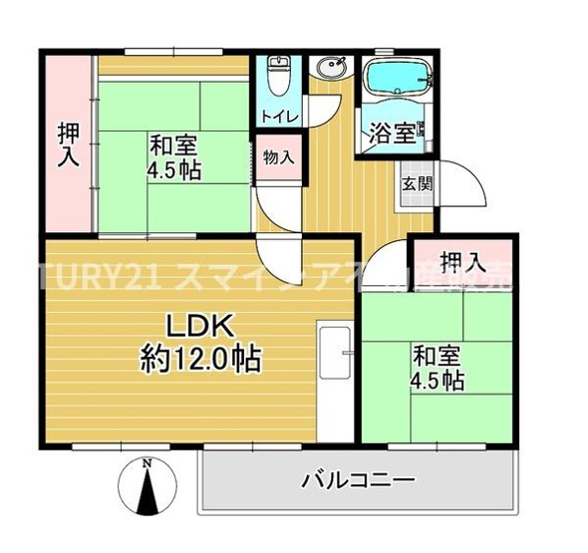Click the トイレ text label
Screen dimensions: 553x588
[278, 117]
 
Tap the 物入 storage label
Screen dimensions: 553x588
[278, 156]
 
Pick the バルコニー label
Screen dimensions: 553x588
[358, 481]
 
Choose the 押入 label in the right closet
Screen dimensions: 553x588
[463, 263]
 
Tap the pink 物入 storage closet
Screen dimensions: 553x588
[278, 159]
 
